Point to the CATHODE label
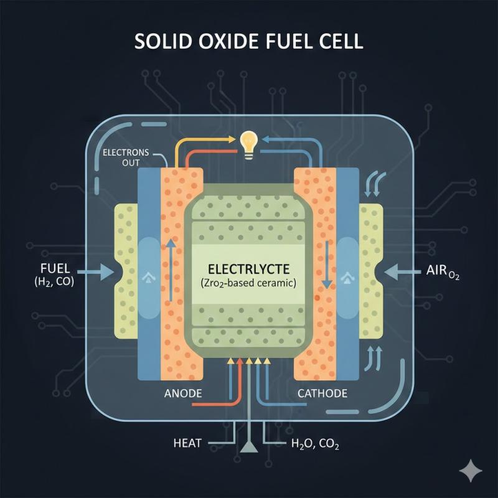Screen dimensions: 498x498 [322, 393]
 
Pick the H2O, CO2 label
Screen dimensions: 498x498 [315, 444]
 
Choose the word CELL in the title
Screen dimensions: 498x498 [341, 44]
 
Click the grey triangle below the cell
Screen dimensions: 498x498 [249, 446]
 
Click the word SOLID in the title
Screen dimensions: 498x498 [161, 44]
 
